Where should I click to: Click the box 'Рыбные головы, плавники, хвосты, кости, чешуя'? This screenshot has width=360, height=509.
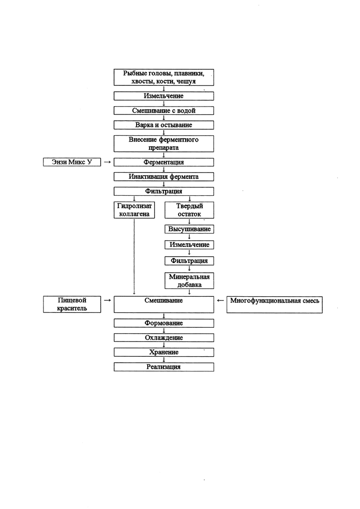(x=163, y=77)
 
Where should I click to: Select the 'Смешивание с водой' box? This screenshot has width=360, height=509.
(x=163, y=110)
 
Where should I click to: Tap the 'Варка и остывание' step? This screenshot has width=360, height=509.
(x=163, y=125)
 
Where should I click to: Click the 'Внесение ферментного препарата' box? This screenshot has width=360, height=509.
(x=163, y=144)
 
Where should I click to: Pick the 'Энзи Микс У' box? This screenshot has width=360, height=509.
(x=72, y=162)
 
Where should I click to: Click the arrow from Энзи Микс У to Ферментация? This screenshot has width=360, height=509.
(x=107, y=162)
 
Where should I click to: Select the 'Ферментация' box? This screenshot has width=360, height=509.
(x=163, y=162)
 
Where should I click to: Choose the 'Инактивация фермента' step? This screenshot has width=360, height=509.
(x=163, y=177)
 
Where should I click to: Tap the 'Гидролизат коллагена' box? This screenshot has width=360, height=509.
(x=134, y=210)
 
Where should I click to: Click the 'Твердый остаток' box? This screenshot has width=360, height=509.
(x=189, y=210)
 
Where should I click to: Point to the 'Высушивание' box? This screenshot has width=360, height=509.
(x=189, y=229)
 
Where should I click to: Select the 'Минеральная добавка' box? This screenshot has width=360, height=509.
(x=189, y=281)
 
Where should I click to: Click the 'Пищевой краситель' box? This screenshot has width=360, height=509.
(x=72, y=305)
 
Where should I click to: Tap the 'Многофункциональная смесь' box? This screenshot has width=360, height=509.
(x=274, y=305)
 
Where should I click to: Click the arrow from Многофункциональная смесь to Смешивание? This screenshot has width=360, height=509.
(x=220, y=300)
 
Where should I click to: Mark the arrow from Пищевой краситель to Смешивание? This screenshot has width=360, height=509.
(x=107, y=300)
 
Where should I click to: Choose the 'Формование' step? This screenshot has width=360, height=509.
(x=163, y=323)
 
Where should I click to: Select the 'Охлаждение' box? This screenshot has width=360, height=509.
(x=163, y=338)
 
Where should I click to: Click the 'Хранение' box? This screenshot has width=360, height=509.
(x=163, y=352)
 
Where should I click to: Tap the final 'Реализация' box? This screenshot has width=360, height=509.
(x=163, y=367)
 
